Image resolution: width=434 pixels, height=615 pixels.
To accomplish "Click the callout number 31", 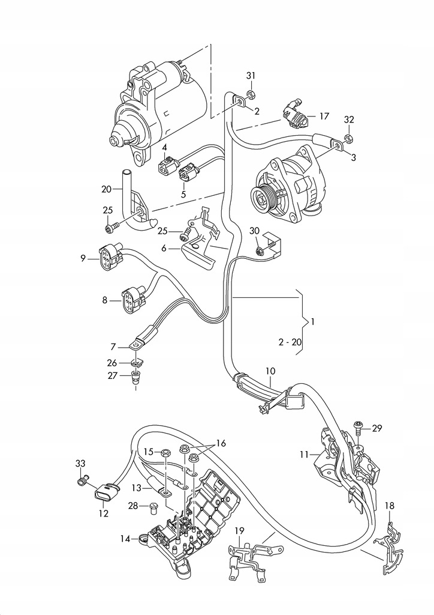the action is point(251,75).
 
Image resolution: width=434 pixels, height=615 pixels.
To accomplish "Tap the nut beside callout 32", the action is point(348,138).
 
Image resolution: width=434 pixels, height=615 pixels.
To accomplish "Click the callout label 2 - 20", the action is point(291,342).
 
